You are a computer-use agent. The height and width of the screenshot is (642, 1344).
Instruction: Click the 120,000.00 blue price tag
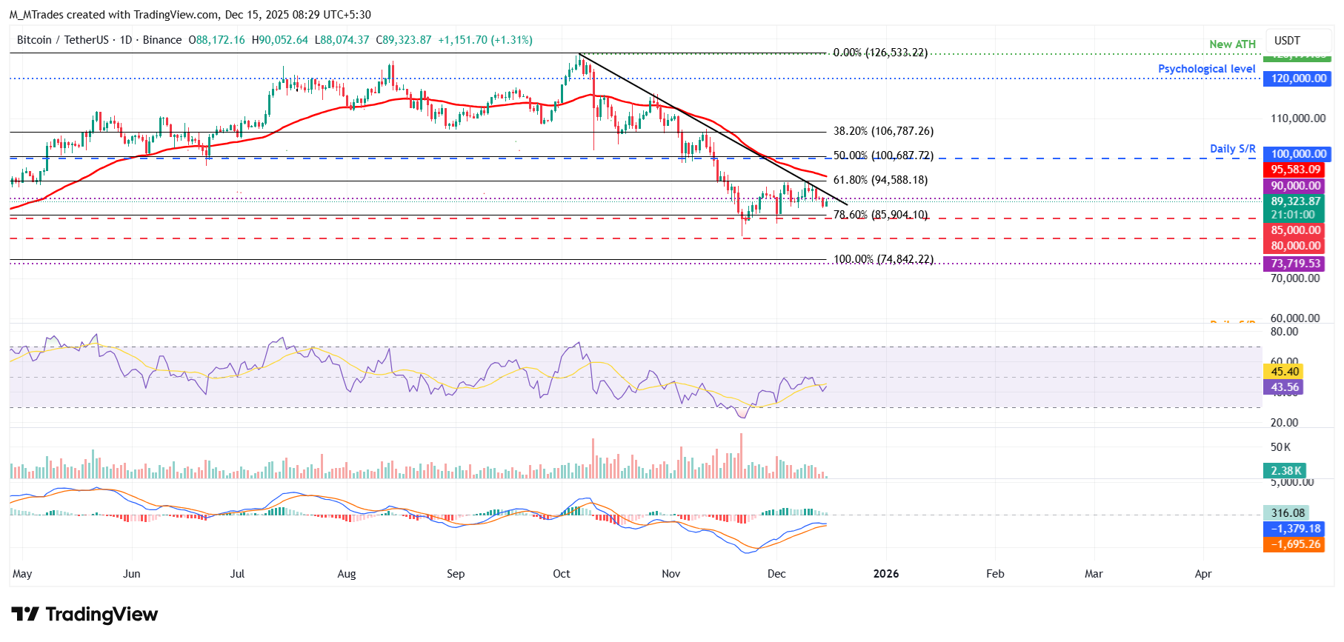(x=1298, y=78)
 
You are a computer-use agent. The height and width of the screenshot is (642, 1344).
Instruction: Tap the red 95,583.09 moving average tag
(x=1295, y=170)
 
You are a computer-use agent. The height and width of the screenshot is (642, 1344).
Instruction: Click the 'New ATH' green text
(x=1232, y=44)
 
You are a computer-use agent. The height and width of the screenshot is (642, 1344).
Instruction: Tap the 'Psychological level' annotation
(x=1206, y=69)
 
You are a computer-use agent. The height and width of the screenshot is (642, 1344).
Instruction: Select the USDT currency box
(x=1287, y=41)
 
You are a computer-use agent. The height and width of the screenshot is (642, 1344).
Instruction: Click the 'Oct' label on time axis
(x=562, y=574)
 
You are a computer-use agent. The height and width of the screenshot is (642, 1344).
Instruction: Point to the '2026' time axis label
(x=886, y=574)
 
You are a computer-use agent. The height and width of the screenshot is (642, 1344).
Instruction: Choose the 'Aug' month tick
(x=347, y=574)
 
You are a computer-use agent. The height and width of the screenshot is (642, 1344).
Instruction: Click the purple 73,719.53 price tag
(x=1295, y=264)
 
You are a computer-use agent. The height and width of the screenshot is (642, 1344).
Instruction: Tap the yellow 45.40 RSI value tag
(x=1284, y=372)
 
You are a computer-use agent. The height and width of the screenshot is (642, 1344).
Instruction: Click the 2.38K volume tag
(x=1285, y=471)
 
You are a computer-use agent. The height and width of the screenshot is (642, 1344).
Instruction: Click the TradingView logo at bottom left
(x=84, y=615)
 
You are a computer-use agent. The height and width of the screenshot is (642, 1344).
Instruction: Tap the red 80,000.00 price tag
(x=1295, y=246)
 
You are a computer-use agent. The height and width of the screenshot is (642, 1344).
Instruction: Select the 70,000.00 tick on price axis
(x=1294, y=278)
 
